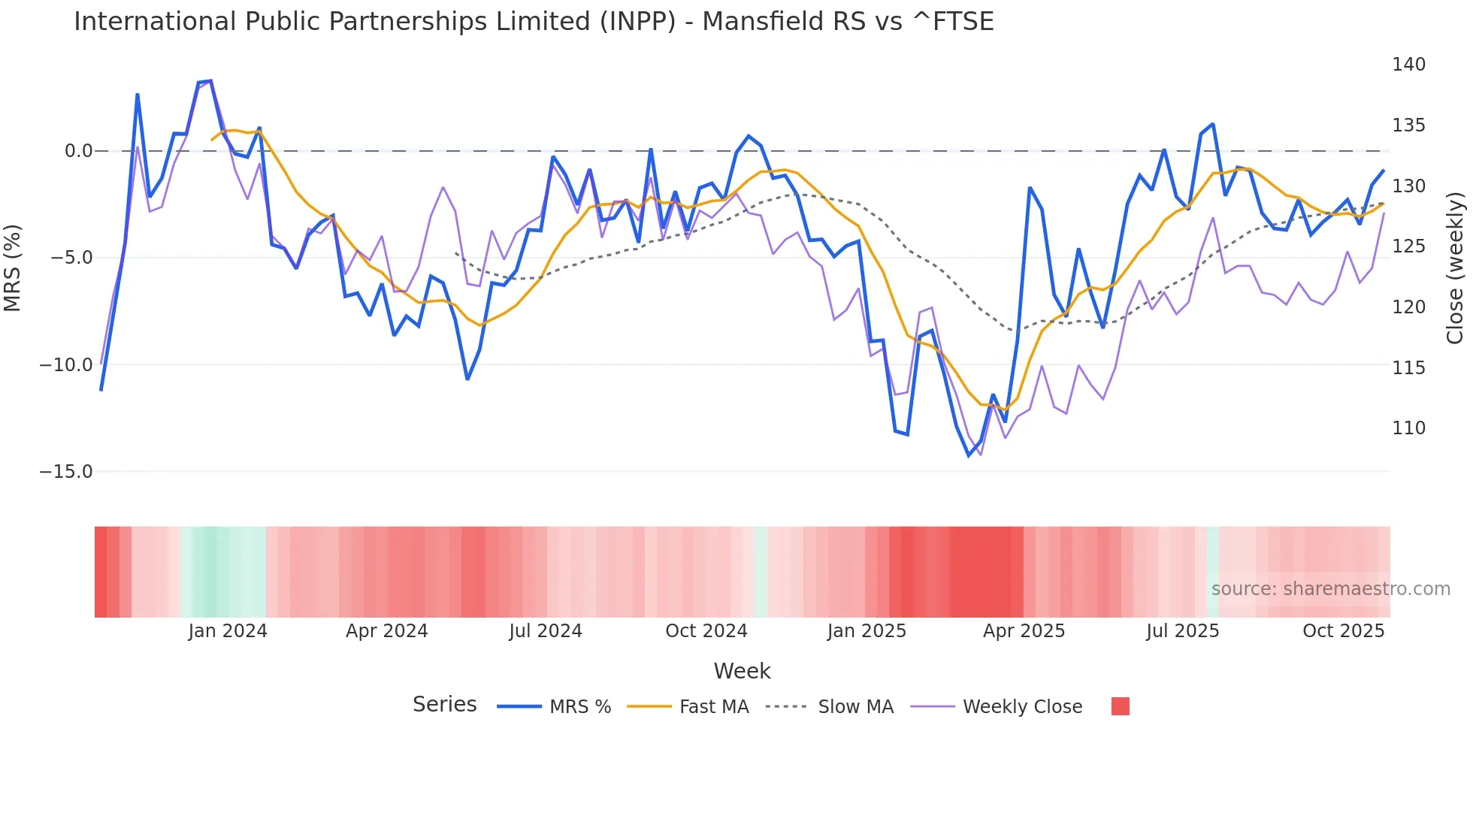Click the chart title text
click(x=534, y=22)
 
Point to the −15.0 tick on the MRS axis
click(x=66, y=472)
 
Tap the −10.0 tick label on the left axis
click(x=66, y=365)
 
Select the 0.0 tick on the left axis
click(x=78, y=151)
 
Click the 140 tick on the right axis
click(x=1408, y=65)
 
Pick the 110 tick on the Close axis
click(x=1408, y=428)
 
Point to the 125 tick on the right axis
click(x=1408, y=246)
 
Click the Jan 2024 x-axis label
click(x=228, y=631)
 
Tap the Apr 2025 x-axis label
click(x=1024, y=631)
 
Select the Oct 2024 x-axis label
click(x=706, y=631)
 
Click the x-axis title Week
click(x=742, y=671)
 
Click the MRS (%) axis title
click(x=13, y=268)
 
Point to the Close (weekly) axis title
click(x=1455, y=268)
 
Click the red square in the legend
click(x=1120, y=706)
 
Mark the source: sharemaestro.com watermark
click(x=1330, y=589)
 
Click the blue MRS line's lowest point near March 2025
click(x=969, y=455)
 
